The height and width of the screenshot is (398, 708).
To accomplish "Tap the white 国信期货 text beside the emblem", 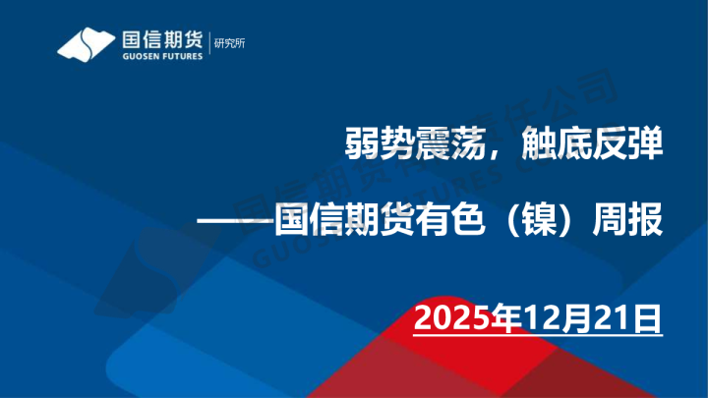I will point(160,39).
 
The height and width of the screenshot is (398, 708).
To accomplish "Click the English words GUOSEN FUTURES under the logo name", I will point(160,56).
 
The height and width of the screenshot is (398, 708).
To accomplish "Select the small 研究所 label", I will point(233,42).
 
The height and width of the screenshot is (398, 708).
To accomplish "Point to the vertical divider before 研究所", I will point(210,44).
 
